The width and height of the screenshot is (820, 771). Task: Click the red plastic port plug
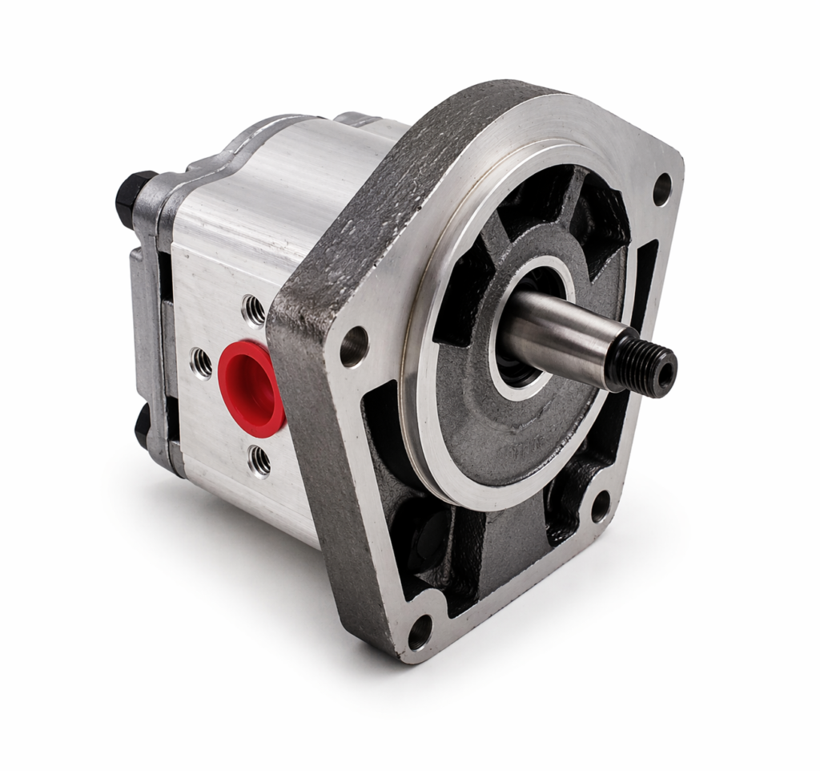point(251,389)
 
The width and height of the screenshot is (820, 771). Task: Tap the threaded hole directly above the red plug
point(254,310)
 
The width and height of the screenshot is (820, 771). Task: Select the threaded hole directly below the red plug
point(259,460)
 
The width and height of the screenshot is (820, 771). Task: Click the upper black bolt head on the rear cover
point(132,196)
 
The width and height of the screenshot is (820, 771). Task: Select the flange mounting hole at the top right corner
point(661,189)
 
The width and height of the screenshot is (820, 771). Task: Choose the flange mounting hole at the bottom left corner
point(420,632)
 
